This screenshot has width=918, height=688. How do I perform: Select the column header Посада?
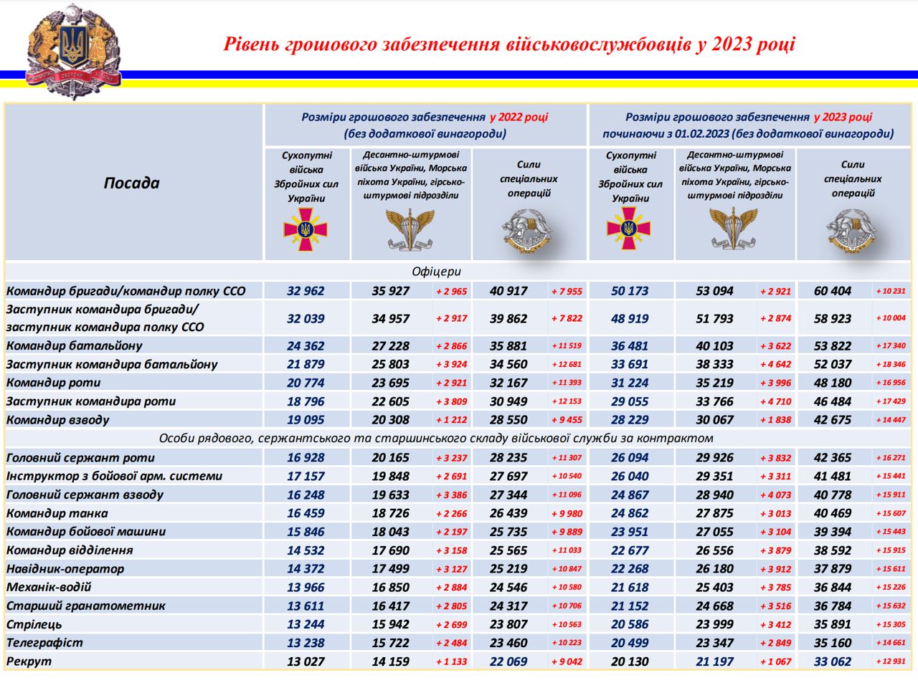tap(131, 183)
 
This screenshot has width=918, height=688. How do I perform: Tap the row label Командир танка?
tap(57, 513)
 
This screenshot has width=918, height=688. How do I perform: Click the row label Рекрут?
tap(29, 661)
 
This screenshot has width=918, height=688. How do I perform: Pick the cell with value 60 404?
tap(833, 291)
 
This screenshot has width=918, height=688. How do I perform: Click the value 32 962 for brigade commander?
tap(306, 291)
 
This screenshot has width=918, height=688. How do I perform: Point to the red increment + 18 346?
tap(890, 364)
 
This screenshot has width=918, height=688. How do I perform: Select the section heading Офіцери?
tap(436, 272)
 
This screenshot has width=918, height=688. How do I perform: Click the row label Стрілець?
tap(34, 624)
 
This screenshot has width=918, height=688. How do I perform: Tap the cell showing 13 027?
tap(306, 661)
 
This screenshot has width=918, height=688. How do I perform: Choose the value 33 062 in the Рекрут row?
tap(833, 661)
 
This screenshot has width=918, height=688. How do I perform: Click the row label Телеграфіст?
tap(44, 643)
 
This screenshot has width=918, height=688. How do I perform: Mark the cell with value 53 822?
tap(833, 346)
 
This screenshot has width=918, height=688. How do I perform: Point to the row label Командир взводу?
tap(58, 420)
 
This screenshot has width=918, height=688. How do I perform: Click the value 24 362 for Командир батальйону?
tap(306, 346)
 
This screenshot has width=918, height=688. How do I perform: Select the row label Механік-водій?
tap(49, 587)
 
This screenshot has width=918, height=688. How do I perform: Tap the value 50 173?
tap(630, 291)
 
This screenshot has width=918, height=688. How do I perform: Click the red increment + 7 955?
tap(567, 291)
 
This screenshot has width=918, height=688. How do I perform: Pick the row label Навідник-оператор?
tap(65, 569)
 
